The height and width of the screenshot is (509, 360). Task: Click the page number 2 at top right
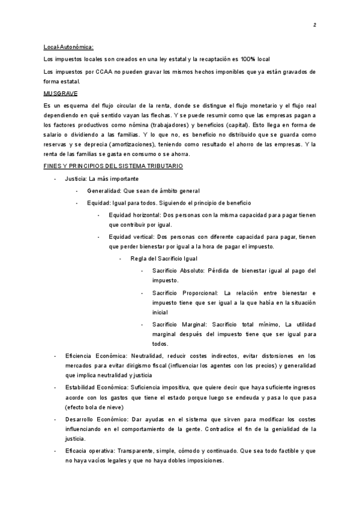(314, 25)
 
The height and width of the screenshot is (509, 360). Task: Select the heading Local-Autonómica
(69, 47)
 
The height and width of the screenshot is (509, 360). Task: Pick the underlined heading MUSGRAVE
(61, 94)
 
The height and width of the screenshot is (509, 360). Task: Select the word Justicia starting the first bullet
(75, 179)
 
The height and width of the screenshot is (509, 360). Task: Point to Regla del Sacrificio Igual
(164, 259)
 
